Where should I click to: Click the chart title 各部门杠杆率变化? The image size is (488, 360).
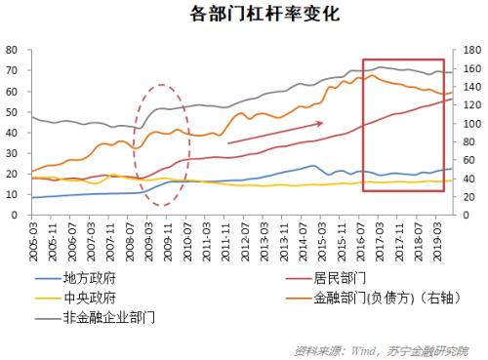(x=244, y=16)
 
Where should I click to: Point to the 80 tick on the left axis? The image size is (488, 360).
(x=13, y=50)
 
